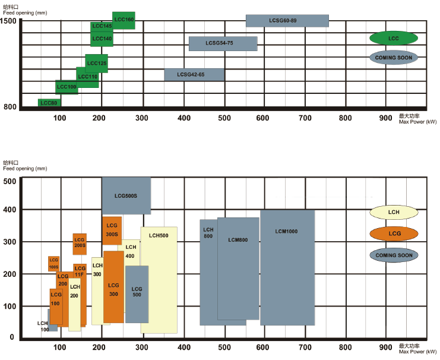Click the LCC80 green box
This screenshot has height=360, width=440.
click(49, 103)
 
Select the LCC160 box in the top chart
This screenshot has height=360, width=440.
click(124, 20)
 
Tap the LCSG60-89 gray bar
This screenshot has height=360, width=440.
click(287, 20)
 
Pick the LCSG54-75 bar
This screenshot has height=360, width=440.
click(223, 43)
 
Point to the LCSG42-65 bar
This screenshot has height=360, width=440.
click(194, 75)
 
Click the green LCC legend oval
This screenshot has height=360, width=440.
click(394, 38)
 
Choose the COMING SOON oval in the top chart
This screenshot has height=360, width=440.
click(394, 58)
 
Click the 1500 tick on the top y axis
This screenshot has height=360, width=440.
click(10, 21)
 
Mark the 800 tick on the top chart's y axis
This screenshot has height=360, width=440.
click(11, 107)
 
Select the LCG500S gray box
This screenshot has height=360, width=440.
click(126, 195)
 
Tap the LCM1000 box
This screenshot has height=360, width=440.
click(287, 267)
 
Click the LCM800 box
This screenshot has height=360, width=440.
click(238, 270)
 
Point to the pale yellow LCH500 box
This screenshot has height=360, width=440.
click(159, 279)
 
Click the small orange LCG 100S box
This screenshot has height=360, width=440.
click(53, 263)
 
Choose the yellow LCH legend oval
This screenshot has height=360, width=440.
click(394, 213)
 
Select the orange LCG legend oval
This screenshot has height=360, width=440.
click(394, 234)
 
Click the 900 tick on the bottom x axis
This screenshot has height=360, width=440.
click(385, 347)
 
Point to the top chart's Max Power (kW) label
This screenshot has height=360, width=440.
click(418, 121)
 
